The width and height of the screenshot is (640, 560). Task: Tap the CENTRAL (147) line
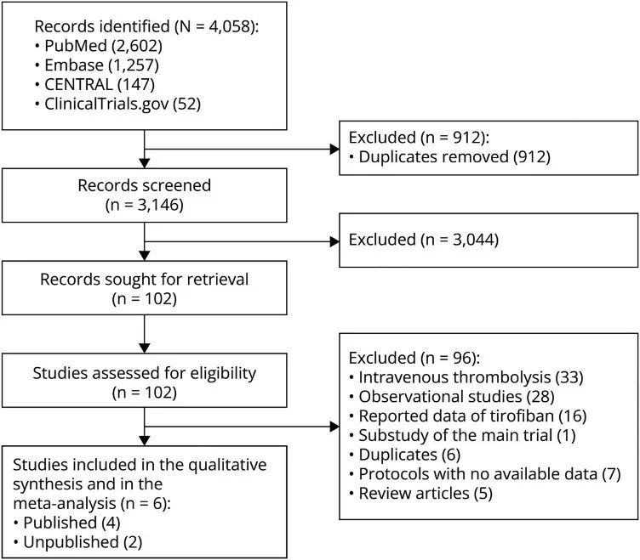(x=94, y=84)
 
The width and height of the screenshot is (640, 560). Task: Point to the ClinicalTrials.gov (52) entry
(x=117, y=104)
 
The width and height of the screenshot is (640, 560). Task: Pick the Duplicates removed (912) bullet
(x=450, y=157)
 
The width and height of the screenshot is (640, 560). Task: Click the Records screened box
(x=145, y=195)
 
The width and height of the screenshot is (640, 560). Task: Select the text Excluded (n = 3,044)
(x=424, y=240)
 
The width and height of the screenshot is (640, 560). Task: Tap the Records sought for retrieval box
(x=145, y=288)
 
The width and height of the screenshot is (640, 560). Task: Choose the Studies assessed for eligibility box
(x=145, y=380)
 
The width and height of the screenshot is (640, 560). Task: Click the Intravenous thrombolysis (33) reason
(x=466, y=377)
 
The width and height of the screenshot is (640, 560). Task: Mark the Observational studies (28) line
(x=452, y=397)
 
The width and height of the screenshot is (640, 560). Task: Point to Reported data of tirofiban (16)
(x=468, y=416)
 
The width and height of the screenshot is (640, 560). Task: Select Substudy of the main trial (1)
(x=462, y=435)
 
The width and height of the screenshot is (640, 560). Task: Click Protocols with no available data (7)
(x=485, y=474)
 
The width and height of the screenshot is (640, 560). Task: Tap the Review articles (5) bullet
(x=420, y=493)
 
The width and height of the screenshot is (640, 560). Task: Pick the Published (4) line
(x=67, y=523)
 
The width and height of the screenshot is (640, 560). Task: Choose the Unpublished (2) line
(x=77, y=542)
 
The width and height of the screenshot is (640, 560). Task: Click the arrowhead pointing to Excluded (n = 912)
(x=334, y=150)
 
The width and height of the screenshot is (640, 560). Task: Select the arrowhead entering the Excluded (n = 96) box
(x=334, y=427)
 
